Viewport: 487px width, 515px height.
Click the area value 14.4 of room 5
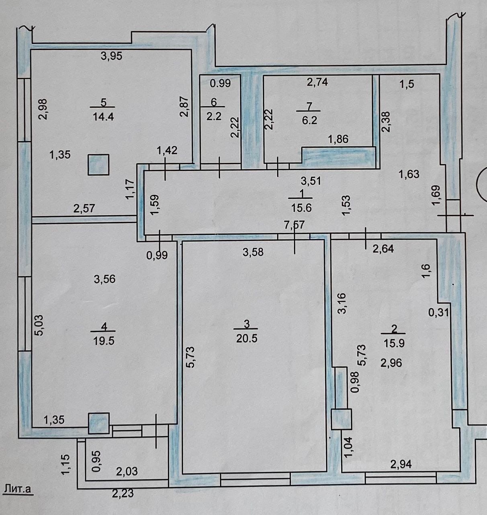coord(102,117)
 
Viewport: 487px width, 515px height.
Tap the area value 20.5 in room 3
coord(247,338)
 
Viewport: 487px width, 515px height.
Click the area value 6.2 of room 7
coord(309,120)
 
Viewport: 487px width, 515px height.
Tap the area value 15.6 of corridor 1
coord(301,208)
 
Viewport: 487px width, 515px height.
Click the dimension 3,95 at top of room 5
coord(111,56)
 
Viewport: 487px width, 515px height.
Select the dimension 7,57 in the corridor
coord(295,225)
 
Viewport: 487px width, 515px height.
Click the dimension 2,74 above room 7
coord(317,82)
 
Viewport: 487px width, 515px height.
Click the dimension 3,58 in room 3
coord(253,252)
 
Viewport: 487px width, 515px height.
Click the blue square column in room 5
coord(98,165)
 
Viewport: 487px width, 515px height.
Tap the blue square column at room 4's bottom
coord(98,423)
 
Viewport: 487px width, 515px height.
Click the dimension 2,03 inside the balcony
coord(127,471)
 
